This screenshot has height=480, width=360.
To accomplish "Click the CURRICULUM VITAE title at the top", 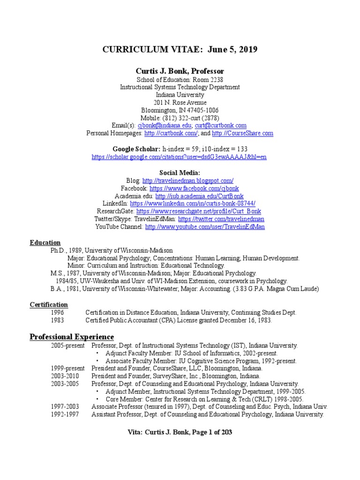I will click(x=180, y=50).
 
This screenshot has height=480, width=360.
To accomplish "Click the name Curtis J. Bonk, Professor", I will click(x=180, y=71).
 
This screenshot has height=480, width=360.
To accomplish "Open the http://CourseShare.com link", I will click(x=242, y=134).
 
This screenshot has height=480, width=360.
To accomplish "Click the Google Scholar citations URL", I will click(x=180, y=157).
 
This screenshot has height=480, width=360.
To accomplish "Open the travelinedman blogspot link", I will click(x=187, y=180).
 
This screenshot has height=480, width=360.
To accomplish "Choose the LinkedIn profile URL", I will click(x=192, y=203).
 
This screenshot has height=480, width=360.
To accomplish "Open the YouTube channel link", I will click(x=205, y=226).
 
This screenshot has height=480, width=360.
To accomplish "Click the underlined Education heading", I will click(x=45, y=243).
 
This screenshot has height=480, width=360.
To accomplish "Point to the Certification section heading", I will click(x=49, y=305).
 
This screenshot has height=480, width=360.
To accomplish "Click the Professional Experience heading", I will click(x=72, y=337).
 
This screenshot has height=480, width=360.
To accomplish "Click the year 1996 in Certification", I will click(x=58, y=313).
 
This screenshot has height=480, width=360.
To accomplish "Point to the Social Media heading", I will click(x=180, y=172).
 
